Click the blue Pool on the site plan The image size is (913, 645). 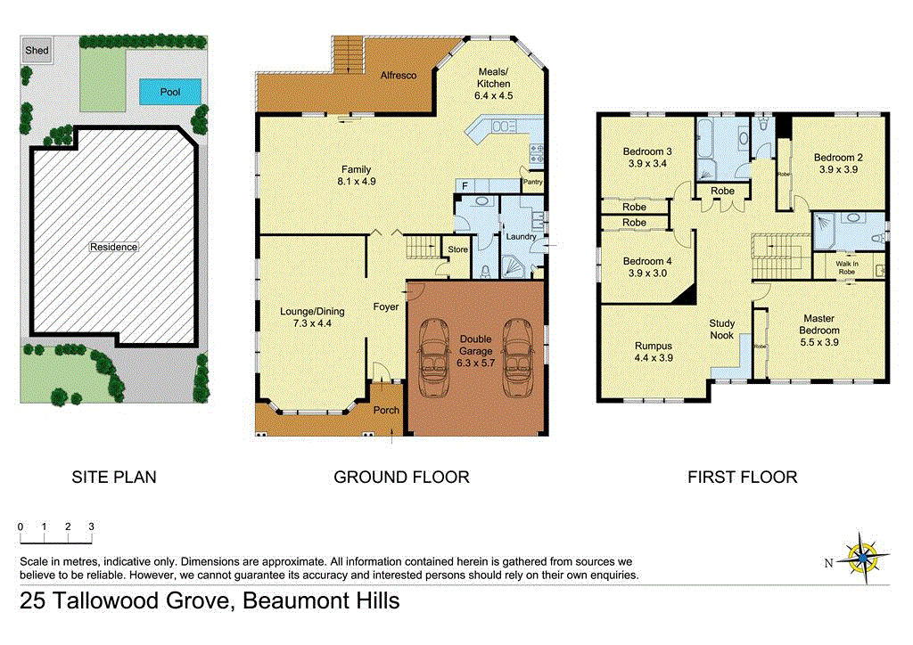coord(169,92)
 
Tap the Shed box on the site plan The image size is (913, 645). coord(37,51)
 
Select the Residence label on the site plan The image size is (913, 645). coord(113,247)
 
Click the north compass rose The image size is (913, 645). coord(862,557)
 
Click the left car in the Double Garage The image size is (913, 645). coord(434,356)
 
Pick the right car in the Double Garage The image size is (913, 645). coord(518,356)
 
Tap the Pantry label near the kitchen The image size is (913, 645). coord(533,183)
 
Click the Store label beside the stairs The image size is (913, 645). coord(457,249)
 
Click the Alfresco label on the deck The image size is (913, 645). coord(399,76)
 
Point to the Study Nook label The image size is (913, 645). coord(721,329)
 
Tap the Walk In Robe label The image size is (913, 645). coord(846,266)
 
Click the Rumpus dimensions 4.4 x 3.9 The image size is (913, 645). coord(654,357)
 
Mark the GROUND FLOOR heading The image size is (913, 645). coord(401,478)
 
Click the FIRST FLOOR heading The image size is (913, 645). coord(742,478)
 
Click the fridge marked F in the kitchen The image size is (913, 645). coord(464,185)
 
